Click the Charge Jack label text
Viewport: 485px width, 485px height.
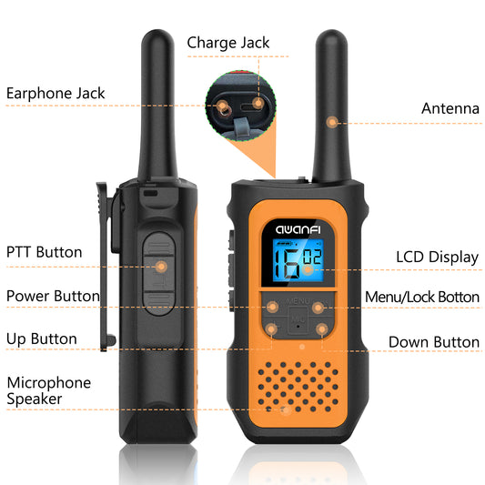coord(228,43)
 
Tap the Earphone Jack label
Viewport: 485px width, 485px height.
coord(56,94)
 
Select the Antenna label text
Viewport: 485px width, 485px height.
coord(450,108)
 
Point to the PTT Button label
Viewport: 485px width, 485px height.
coord(45,252)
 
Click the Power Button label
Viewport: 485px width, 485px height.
coord(53,296)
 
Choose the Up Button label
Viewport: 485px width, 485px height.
coord(42,339)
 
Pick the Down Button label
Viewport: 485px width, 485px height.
coord(434,342)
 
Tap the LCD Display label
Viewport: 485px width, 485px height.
coord(438,258)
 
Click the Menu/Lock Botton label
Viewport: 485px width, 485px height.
coord(422,297)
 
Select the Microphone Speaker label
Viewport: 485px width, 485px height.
coord(49,390)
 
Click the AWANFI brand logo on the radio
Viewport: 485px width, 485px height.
coord(298,229)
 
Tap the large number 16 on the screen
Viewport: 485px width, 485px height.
coord(287,263)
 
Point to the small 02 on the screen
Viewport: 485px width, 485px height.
coord(312,257)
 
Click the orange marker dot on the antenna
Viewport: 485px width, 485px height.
coord(332,122)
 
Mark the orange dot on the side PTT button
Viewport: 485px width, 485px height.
coord(161,267)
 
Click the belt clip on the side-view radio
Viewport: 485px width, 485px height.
coord(106,266)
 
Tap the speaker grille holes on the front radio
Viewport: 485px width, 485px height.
coord(298,387)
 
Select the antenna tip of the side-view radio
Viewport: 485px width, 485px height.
coord(157,34)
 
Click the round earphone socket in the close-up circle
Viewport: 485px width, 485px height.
coord(223,108)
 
